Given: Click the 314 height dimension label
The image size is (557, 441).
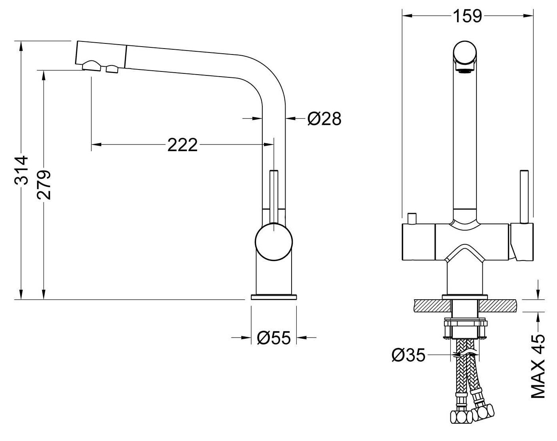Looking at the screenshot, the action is (21, 170).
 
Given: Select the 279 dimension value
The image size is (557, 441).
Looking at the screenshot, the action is (44, 185).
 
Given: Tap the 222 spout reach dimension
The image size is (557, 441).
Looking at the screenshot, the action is (183, 145).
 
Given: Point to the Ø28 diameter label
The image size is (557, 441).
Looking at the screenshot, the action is (324, 119).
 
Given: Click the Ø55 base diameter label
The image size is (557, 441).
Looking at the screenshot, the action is (274, 338).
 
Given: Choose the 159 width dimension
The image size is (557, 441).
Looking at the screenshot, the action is (467, 16).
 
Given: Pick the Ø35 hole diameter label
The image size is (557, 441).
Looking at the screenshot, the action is (408, 355).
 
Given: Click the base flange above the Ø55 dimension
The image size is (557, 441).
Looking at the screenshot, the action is (274, 297).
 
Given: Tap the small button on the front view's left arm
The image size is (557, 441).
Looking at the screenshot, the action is (412, 219).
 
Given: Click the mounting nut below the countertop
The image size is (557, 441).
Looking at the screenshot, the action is (465, 329).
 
